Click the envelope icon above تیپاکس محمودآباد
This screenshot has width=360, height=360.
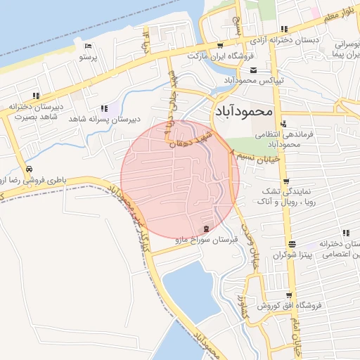pyautogui.click(x=254, y=69)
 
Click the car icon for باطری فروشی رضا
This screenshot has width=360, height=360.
pyautogui.click(x=29, y=169)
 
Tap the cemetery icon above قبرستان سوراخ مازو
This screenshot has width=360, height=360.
pyautogui.click(x=206, y=229)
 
